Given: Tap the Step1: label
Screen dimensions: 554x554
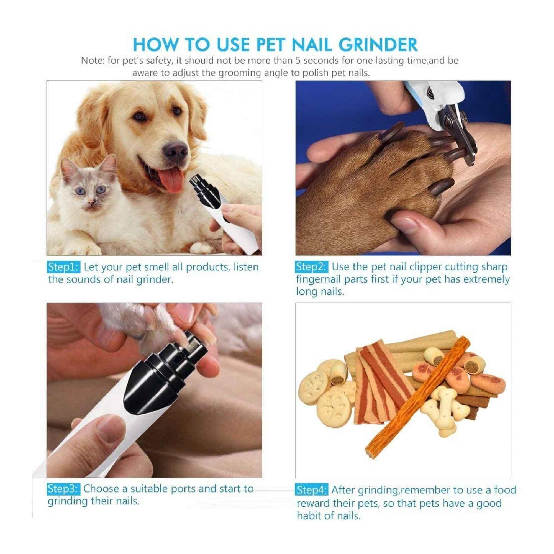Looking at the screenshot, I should [x=63, y=267].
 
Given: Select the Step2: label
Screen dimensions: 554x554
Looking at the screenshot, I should [x=311, y=267].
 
